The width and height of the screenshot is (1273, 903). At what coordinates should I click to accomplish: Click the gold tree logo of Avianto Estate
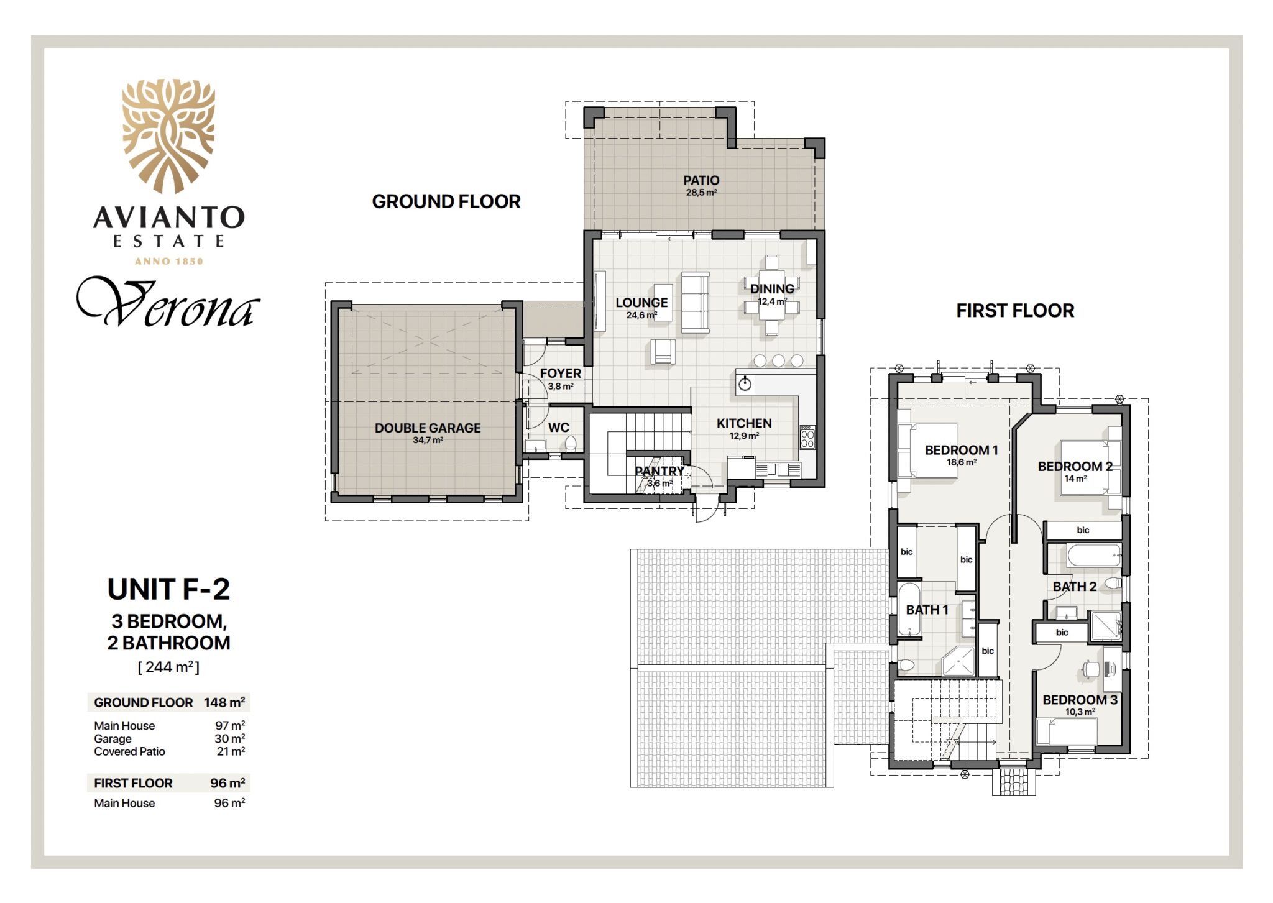point(168,136)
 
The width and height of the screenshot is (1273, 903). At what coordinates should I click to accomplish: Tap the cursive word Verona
point(168,303)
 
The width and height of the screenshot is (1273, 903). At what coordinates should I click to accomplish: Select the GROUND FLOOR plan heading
point(446,201)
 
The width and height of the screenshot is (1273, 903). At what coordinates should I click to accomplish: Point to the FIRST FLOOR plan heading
point(1015,311)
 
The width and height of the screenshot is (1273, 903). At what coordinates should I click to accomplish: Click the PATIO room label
point(701,180)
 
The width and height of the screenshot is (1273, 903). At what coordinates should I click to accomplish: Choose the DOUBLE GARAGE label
point(428,428)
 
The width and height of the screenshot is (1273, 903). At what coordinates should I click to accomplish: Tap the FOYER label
point(561,373)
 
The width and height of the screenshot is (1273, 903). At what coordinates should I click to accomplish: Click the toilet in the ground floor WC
point(571,443)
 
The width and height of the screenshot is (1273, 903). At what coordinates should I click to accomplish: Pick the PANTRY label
point(659,471)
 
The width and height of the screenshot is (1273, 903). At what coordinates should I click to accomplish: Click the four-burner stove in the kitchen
point(807,437)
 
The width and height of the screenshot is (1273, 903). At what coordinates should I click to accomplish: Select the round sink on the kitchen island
point(745,385)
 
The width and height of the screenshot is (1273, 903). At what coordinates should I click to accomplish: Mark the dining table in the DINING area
point(772,295)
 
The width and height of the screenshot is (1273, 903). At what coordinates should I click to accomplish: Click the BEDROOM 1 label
point(961,450)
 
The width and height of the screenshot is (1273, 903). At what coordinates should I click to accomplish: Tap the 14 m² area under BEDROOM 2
point(1075,479)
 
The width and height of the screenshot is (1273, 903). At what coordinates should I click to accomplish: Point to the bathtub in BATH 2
point(1094,556)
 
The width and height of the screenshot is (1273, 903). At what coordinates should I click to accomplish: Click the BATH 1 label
point(927,610)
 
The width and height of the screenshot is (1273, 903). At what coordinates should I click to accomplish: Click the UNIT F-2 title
point(168,589)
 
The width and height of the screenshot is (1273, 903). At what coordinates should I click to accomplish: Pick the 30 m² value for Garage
point(229,738)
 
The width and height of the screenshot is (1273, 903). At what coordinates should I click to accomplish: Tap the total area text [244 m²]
point(168,667)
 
